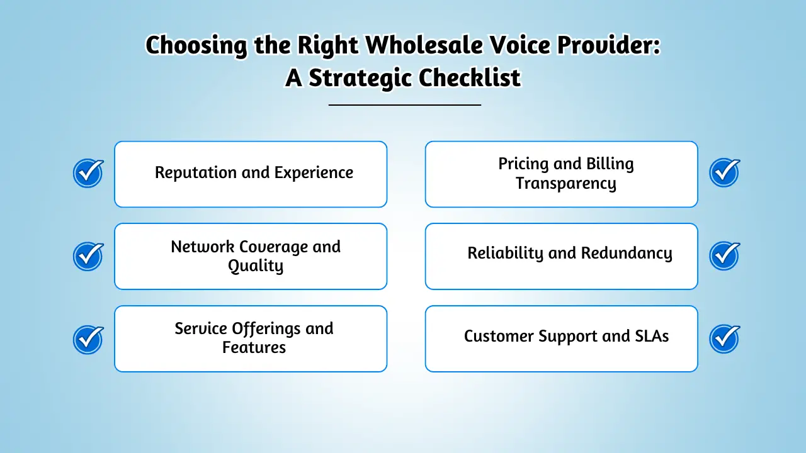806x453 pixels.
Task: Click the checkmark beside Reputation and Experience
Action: coord(88,173)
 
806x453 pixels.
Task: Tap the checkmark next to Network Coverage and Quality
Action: coord(88,255)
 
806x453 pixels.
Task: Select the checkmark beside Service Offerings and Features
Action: coord(88,338)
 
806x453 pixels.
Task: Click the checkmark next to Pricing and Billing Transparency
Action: coord(724,173)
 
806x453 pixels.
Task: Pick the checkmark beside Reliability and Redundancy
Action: coord(724,255)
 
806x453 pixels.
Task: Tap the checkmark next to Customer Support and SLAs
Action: coord(724,338)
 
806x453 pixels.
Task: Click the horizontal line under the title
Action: coord(404,105)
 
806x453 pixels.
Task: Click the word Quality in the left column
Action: coord(256,266)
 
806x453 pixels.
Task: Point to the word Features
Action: coord(254,347)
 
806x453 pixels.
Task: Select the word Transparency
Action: coord(565,183)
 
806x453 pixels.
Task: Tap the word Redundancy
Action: coord(626,253)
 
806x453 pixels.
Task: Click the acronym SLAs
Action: coord(650,336)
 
